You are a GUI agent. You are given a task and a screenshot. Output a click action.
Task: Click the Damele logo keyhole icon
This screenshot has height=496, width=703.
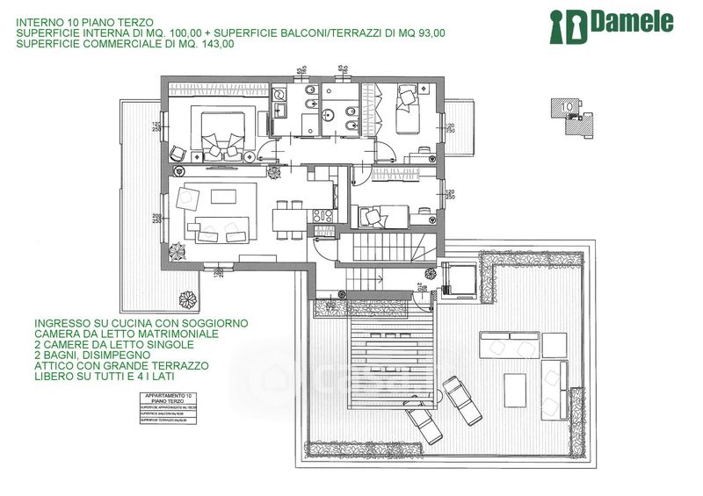click(x=560, y=26)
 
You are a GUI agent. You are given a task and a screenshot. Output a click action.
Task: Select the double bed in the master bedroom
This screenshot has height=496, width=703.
click(x=216, y=132)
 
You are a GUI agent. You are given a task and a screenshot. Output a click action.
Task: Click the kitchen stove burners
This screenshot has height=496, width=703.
click(x=320, y=216)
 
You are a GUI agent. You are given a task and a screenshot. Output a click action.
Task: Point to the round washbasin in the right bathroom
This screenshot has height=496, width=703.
click(x=330, y=113)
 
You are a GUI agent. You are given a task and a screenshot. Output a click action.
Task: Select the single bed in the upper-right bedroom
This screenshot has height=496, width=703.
click(x=408, y=105)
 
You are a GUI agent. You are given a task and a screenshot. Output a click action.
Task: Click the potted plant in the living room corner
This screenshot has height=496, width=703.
click(x=178, y=251)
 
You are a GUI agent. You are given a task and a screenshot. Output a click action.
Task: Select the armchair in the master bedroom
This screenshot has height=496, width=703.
click(x=178, y=153)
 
